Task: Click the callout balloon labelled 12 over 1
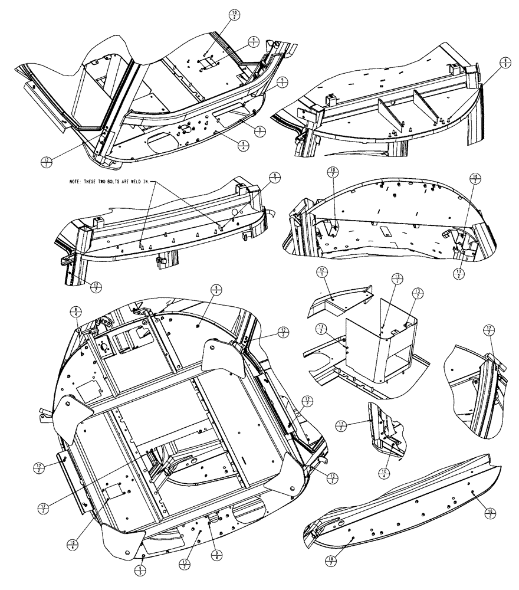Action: pyautogui.click(x=322, y=271)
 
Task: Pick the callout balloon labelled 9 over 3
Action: pyautogui.click(x=140, y=570)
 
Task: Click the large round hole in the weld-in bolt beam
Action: pyautogui.click(x=235, y=211)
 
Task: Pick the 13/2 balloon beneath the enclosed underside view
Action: pyautogui.click(x=458, y=272)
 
